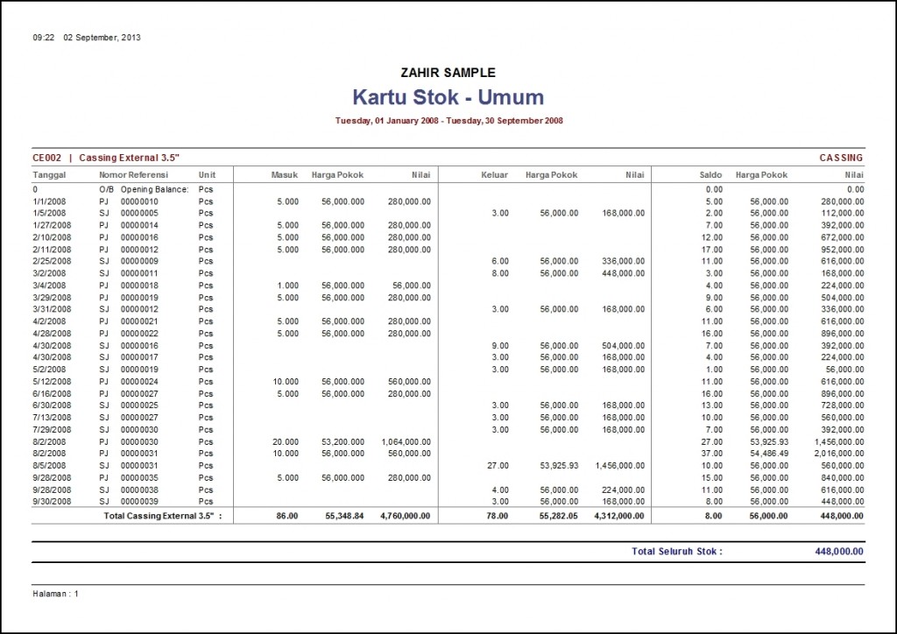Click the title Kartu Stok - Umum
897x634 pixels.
point(448,97)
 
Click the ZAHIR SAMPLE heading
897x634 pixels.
point(448,73)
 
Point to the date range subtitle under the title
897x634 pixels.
point(448,121)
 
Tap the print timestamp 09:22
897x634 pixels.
point(44,38)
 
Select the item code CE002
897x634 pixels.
point(46,158)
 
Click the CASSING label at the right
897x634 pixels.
point(841,158)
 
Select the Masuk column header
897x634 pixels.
point(285,175)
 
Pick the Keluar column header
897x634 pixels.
point(494,175)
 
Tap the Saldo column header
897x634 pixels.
point(710,175)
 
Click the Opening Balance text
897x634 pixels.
point(154,188)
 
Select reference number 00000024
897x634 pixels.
point(139,382)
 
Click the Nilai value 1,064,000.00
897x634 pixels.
point(406,442)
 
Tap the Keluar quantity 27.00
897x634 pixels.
point(497,466)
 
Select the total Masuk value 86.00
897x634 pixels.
point(287,517)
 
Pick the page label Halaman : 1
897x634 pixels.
point(56,594)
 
